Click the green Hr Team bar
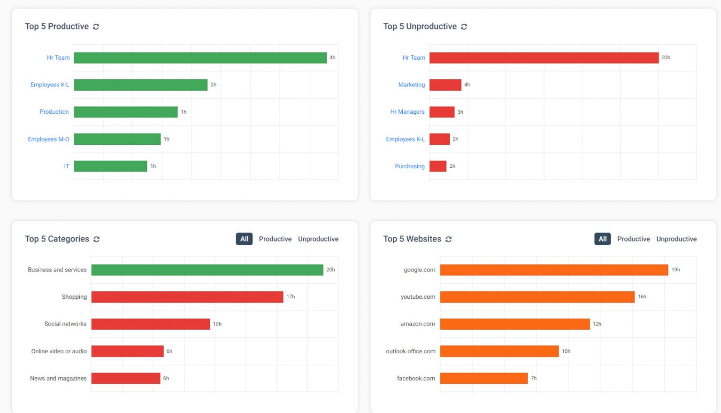[x=200, y=58]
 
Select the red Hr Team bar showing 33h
[x=544, y=58]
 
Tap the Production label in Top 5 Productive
[x=54, y=112]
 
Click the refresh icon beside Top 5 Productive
[x=96, y=27]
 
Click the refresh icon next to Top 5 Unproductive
[x=464, y=27]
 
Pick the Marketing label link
[x=411, y=85]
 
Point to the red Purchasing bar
[x=437, y=166]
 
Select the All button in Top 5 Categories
[x=244, y=239]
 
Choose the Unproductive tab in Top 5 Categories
[x=318, y=239]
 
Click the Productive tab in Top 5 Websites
[x=633, y=239]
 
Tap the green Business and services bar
[x=207, y=270]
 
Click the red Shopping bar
[x=187, y=297]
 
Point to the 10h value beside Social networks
[x=217, y=324]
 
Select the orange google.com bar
[x=553, y=270]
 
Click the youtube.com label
[x=418, y=297]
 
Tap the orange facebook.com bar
[x=483, y=378]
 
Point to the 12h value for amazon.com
[x=597, y=324]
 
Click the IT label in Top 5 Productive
[x=67, y=166]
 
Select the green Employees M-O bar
[x=117, y=139]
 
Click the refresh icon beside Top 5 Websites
[x=448, y=239]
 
